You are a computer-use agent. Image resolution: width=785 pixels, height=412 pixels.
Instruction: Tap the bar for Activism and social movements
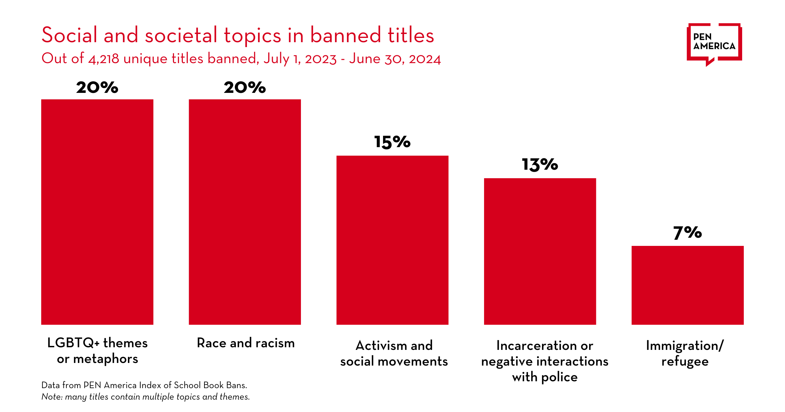pyautogui.click(x=392, y=240)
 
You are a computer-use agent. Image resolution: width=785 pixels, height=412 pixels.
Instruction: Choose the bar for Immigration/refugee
pyautogui.click(x=688, y=285)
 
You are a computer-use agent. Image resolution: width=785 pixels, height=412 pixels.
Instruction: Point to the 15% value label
pyautogui.click(x=392, y=142)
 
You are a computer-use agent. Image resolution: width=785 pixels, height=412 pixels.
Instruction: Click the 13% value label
pyautogui.click(x=540, y=164)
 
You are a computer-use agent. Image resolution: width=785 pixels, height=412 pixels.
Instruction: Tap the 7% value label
pyautogui.click(x=688, y=232)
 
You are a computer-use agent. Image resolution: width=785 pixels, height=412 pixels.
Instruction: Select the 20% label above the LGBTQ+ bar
pyautogui.click(x=97, y=88)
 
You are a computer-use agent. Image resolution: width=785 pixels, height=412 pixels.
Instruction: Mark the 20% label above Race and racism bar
pyautogui.click(x=245, y=88)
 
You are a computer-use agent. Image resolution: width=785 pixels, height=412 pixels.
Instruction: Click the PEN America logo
pyautogui.click(x=714, y=43)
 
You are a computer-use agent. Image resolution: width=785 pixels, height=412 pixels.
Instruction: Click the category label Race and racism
pyautogui.click(x=246, y=343)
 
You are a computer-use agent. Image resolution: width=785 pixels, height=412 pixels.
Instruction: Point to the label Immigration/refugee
pyautogui.click(x=685, y=353)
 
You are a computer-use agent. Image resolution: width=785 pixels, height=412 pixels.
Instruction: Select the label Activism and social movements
pyautogui.click(x=394, y=353)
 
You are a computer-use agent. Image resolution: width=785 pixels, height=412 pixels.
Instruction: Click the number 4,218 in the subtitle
pyautogui.click(x=104, y=59)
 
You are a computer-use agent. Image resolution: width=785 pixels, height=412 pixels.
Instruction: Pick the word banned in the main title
pyautogui.click(x=345, y=35)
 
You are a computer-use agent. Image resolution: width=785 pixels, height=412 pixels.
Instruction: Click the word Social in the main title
pyautogui.click(x=69, y=35)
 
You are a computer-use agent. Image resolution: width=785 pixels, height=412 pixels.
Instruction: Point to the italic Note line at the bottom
pyautogui.click(x=146, y=397)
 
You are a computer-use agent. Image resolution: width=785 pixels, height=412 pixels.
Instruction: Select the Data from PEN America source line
pyautogui.click(x=144, y=385)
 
